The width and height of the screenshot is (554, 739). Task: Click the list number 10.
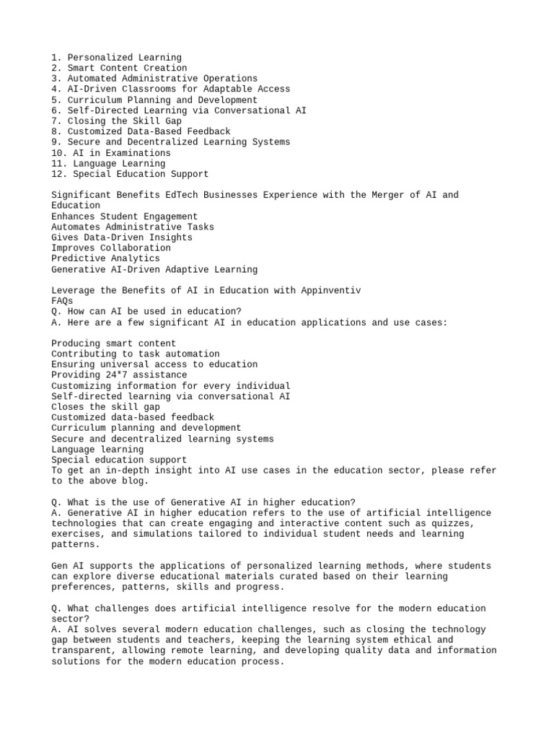coord(57,153)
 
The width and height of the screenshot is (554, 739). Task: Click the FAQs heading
coord(62,301)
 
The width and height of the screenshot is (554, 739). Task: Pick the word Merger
coord(384,195)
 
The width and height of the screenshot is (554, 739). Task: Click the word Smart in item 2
coord(81,69)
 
